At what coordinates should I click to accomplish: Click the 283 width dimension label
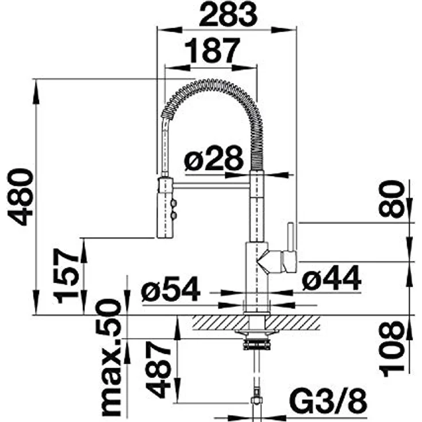[228, 15]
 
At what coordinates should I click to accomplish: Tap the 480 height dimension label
[21, 197]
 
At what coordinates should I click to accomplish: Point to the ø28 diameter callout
[214, 158]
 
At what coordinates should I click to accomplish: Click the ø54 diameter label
[170, 289]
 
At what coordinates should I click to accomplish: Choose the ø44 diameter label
[331, 278]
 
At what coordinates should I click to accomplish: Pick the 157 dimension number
[66, 276]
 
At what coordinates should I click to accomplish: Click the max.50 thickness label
[108, 358]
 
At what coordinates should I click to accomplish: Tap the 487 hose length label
[158, 370]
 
